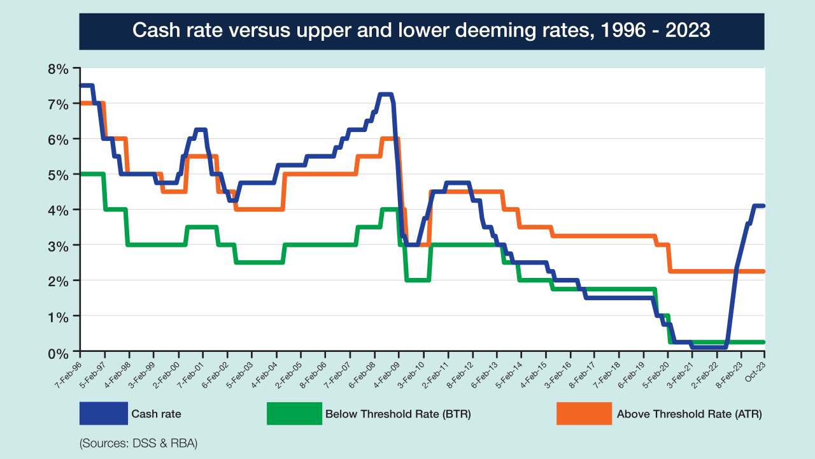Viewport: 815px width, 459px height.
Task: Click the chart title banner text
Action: [422, 30]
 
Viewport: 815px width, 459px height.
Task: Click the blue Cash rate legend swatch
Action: [103, 413]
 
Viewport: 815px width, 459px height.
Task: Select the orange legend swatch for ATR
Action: [584, 413]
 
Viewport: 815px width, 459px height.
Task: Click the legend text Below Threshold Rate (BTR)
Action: [398, 414]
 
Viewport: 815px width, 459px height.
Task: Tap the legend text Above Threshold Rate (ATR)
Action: [689, 414]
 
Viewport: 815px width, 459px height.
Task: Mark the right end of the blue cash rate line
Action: [763, 205]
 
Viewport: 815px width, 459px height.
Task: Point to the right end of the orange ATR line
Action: [763, 272]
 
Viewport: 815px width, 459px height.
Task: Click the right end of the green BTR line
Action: [763, 342]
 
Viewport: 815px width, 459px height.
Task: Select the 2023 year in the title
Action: [688, 30]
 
